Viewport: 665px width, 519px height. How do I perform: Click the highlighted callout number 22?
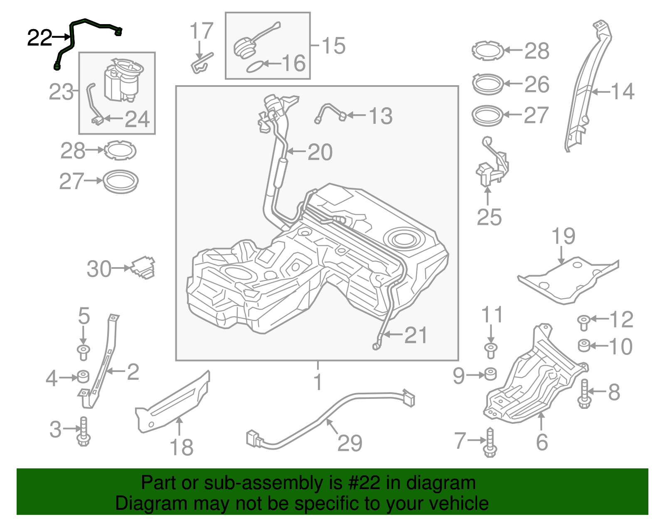click(39, 38)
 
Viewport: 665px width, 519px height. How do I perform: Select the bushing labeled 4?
click(83, 376)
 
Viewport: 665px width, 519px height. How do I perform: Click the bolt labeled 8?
click(584, 393)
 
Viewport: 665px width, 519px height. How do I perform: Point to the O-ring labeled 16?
click(254, 66)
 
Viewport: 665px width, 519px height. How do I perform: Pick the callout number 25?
click(489, 217)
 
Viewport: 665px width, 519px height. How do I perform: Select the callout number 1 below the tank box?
click(318, 381)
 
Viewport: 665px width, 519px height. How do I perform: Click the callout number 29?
click(350, 443)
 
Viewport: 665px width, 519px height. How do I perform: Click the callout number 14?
click(622, 91)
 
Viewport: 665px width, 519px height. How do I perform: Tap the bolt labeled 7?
click(490, 443)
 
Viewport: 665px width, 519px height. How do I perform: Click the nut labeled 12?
click(584, 322)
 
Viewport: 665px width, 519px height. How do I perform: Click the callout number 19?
click(563, 236)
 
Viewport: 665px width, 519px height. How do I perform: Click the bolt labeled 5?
click(83, 352)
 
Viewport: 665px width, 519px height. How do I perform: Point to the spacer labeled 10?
click(584, 345)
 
